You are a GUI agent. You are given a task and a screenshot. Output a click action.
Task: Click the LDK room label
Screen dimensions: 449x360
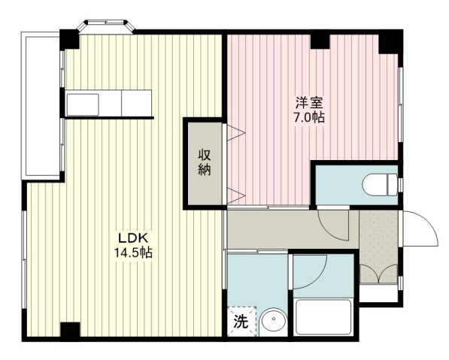tap(133, 237)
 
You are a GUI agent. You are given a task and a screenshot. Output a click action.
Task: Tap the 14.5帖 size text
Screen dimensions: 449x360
tap(133, 253)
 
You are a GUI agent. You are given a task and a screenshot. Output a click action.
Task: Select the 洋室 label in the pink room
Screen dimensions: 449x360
tap(309, 103)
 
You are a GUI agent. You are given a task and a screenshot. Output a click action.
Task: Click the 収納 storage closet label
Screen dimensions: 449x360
tap(205, 162)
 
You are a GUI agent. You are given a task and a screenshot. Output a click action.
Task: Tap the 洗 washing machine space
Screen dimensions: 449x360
tap(241, 321)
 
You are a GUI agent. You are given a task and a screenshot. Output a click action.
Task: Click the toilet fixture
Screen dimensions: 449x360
tap(380, 185)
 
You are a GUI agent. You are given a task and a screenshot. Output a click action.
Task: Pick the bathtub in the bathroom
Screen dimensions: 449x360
tap(323, 316)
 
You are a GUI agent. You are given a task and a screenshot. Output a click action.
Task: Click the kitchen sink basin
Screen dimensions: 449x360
tap(83, 104)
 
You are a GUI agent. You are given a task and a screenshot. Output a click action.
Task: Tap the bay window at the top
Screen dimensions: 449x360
tap(106, 24)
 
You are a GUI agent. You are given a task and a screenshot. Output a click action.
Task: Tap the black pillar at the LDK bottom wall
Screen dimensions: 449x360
tap(70, 330)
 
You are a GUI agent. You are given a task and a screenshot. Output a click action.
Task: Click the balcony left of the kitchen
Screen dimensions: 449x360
tap(41, 105)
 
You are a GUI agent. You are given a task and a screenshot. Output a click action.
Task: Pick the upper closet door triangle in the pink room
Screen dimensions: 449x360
tap(236, 132)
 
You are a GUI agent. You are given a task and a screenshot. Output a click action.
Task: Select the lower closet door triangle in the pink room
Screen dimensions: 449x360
tap(236, 196)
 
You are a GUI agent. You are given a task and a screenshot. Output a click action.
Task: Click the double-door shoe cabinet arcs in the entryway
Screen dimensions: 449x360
tap(378, 274)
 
